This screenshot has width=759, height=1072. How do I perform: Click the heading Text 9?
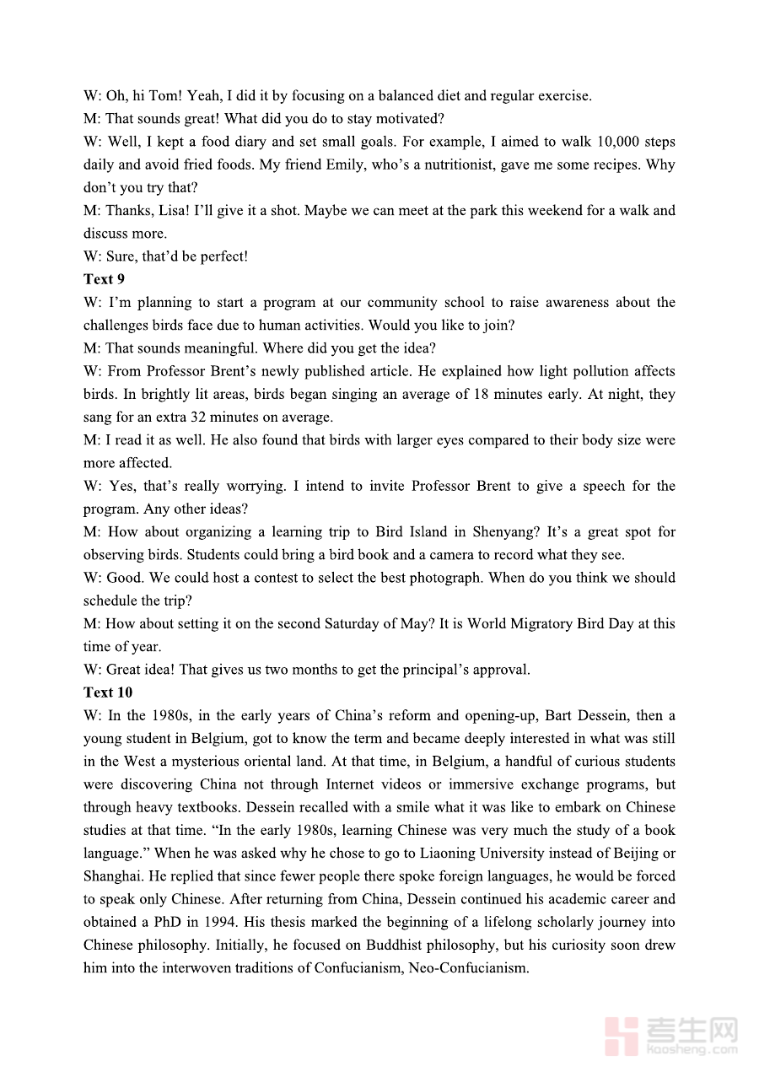click(x=104, y=279)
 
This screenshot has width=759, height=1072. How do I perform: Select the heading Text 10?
click(x=108, y=692)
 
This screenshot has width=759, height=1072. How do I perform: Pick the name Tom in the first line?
click(x=164, y=96)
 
